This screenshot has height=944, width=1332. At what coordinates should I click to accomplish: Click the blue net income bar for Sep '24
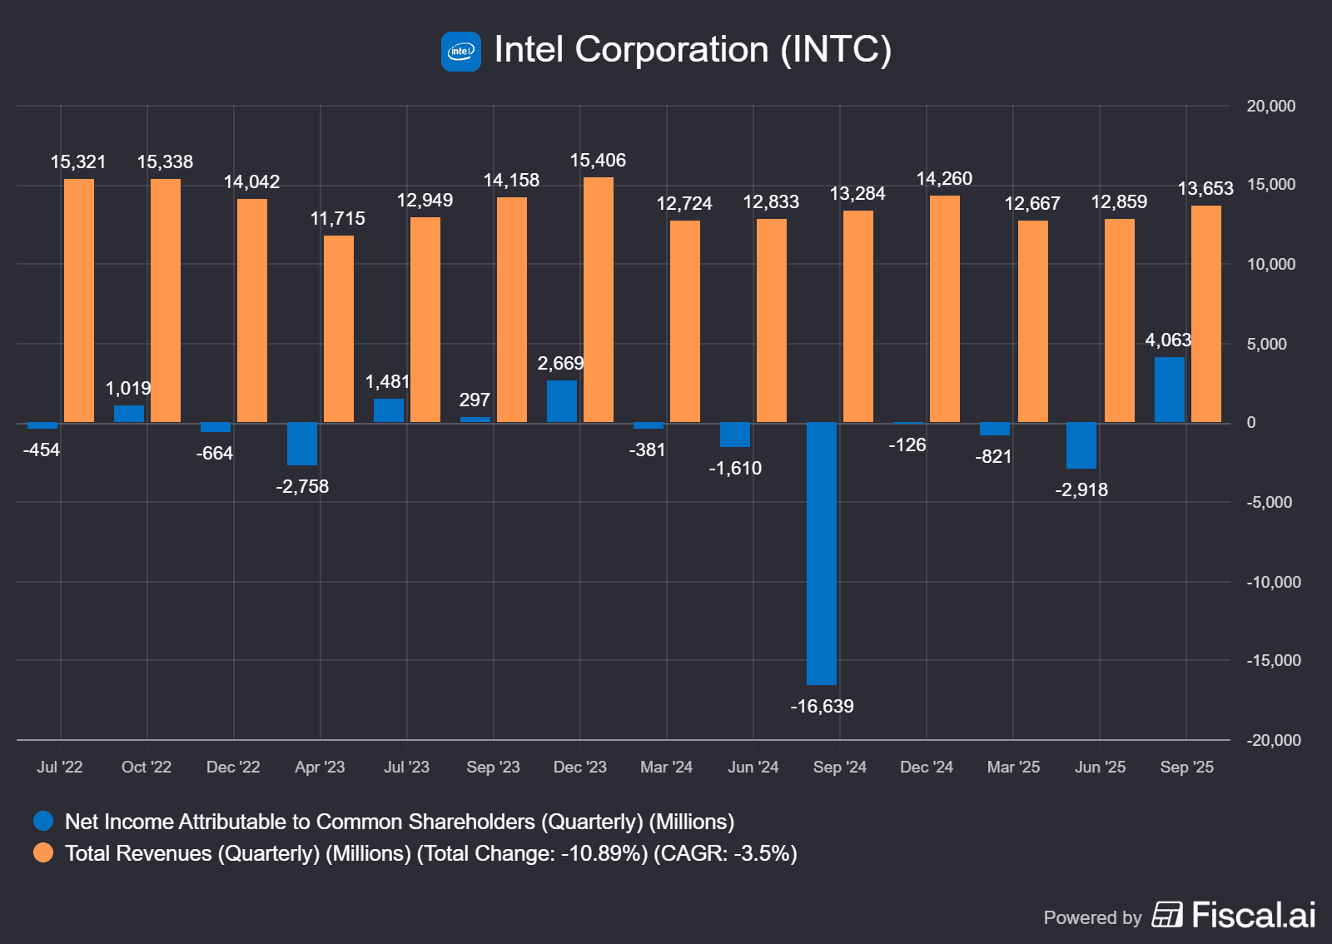click(822, 554)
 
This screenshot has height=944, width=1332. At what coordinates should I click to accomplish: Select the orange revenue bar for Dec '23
click(599, 300)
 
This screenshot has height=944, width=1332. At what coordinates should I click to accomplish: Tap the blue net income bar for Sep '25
click(1170, 390)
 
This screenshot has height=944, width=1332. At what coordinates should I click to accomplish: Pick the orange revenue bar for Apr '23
click(339, 329)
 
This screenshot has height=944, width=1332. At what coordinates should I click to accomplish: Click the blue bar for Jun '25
click(1081, 445)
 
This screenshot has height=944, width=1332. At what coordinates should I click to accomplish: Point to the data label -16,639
click(822, 707)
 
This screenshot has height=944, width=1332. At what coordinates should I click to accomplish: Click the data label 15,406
click(598, 161)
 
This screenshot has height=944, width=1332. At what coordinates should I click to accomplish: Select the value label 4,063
click(1168, 340)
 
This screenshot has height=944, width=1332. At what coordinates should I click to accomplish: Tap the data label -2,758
click(302, 487)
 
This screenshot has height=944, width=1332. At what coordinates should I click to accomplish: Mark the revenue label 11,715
click(337, 219)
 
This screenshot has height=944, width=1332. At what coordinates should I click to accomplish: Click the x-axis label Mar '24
click(666, 768)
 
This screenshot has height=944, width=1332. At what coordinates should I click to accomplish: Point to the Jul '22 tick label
click(60, 768)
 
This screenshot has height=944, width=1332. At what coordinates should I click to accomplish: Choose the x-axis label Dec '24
click(927, 768)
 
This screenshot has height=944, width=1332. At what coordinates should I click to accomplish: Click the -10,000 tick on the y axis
click(1273, 582)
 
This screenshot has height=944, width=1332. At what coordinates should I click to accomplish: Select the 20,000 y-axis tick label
click(1270, 107)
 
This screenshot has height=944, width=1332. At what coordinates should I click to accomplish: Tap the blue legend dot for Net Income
click(43, 822)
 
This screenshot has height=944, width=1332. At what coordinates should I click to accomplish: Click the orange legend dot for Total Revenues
click(43, 853)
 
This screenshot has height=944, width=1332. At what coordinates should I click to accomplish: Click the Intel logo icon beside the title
click(461, 52)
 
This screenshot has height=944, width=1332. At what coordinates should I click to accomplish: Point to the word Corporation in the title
click(672, 50)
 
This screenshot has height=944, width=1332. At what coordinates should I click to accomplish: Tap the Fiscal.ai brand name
click(1253, 916)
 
